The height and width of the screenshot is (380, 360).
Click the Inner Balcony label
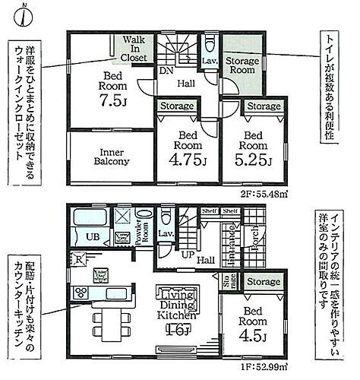(112, 155)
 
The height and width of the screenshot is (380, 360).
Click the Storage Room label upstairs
(245, 65)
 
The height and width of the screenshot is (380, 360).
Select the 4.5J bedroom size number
(254, 334)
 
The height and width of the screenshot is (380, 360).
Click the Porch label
(257, 236)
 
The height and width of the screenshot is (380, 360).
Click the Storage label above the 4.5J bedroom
(264, 283)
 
